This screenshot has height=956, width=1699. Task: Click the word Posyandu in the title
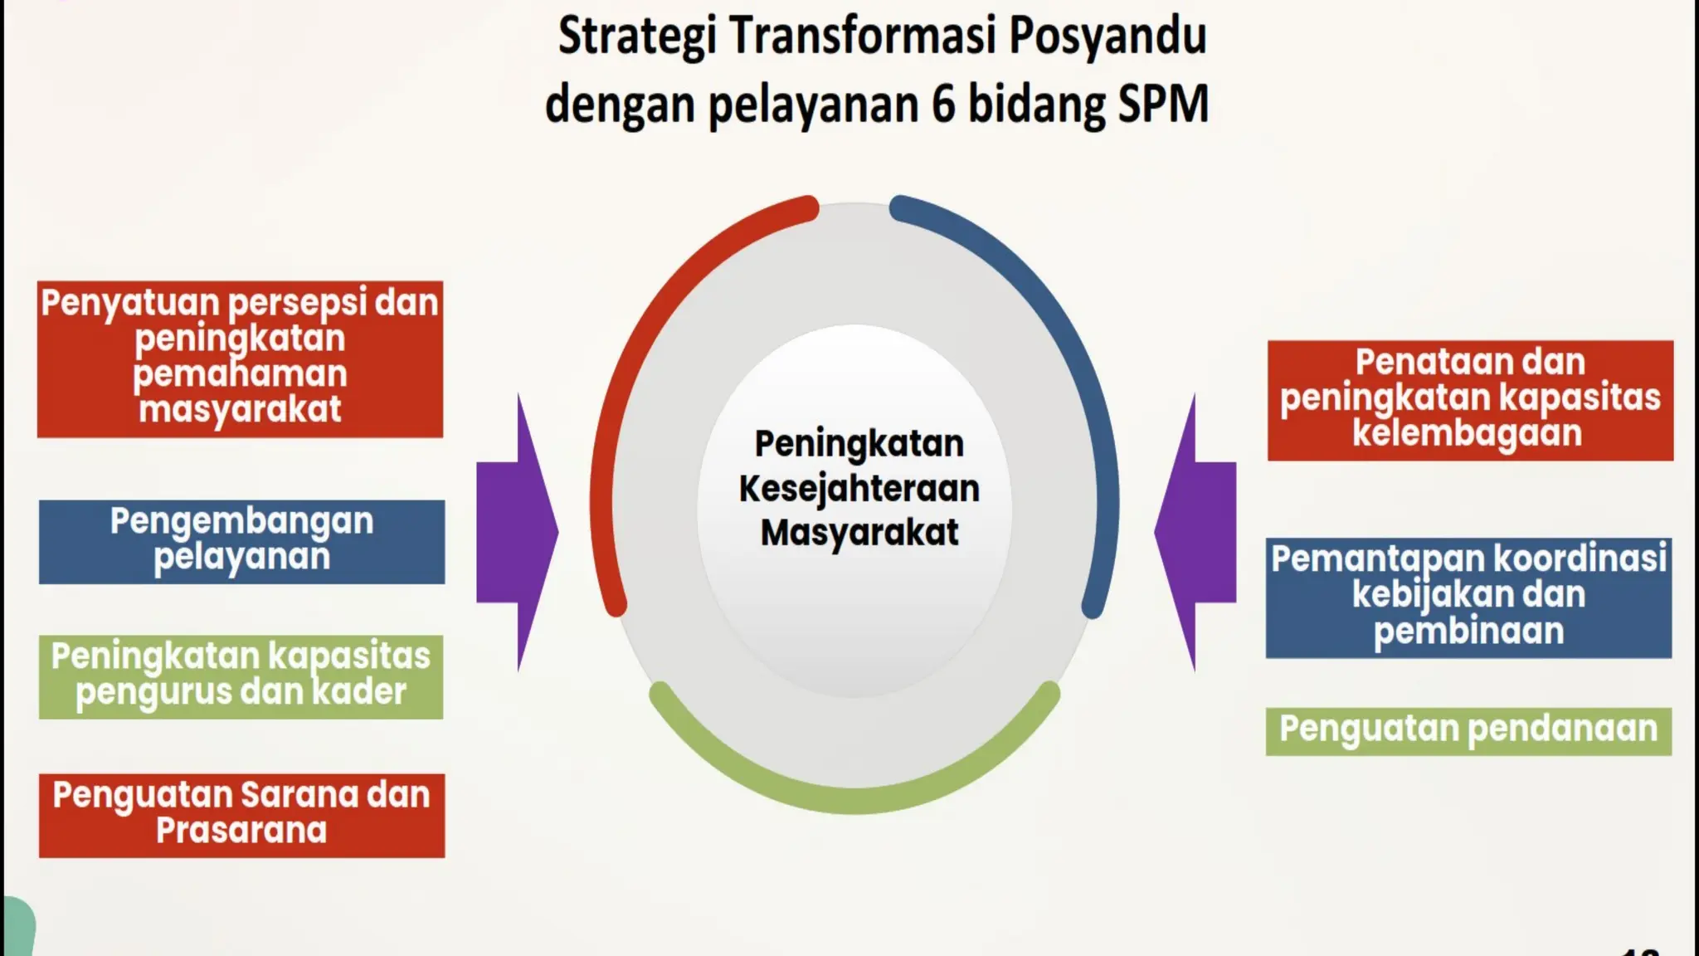click(1108, 37)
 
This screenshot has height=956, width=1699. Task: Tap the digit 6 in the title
click(942, 105)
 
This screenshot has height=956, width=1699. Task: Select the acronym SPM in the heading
click(1163, 105)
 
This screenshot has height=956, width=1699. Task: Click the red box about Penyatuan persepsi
click(240, 358)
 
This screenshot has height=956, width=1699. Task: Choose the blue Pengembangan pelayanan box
click(241, 541)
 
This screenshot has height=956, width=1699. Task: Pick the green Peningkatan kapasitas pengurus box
click(241, 676)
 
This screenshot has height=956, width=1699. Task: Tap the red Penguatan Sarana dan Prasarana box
click(241, 815)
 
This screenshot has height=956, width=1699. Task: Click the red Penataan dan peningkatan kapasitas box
click(1469, 400)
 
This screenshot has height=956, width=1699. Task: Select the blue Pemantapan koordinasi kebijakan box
click(1468, 597)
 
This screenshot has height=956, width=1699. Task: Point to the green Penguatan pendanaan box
click(1468, 730)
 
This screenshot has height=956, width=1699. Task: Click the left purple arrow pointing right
click(518, 532)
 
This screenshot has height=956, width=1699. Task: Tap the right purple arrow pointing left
click(1195, 532)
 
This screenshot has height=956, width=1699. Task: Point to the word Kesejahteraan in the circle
click(859, 489)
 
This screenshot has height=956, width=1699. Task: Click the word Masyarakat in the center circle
click(859, 533)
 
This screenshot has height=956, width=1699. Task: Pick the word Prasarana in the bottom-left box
click(241, 831)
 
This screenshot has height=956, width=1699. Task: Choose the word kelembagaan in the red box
click(1467, 433)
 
